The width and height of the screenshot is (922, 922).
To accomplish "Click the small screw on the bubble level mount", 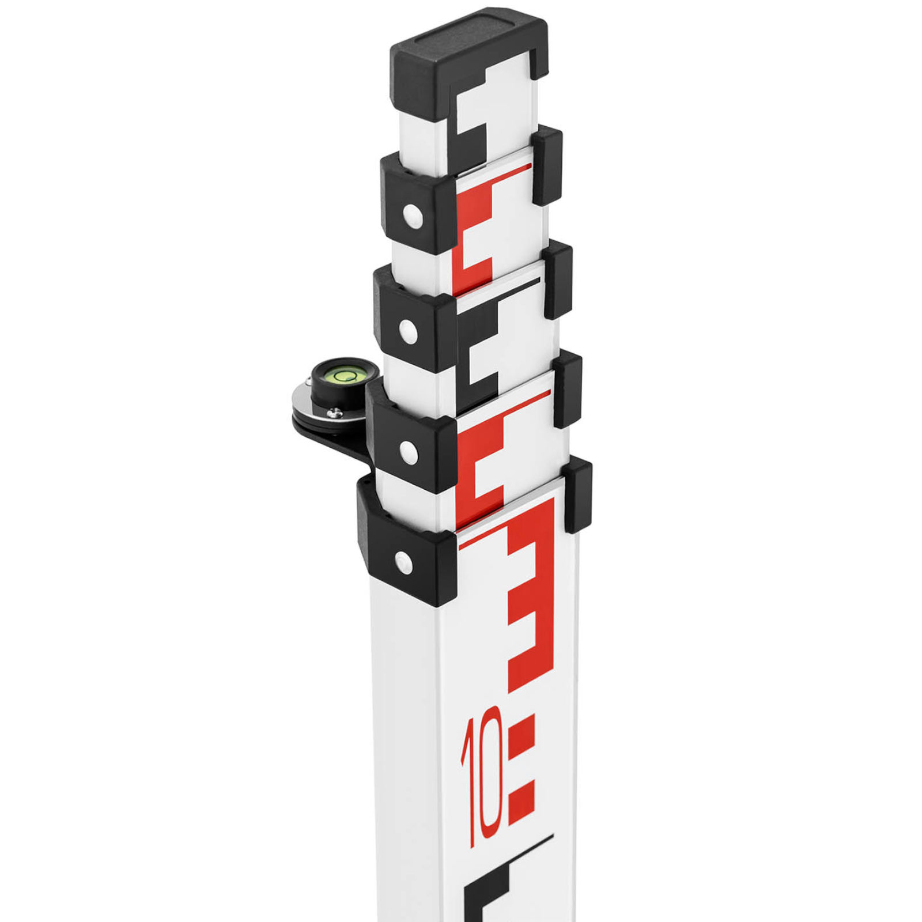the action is tap(334, 412).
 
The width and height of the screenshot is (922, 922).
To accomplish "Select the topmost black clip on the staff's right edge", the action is tap(546, 167).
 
